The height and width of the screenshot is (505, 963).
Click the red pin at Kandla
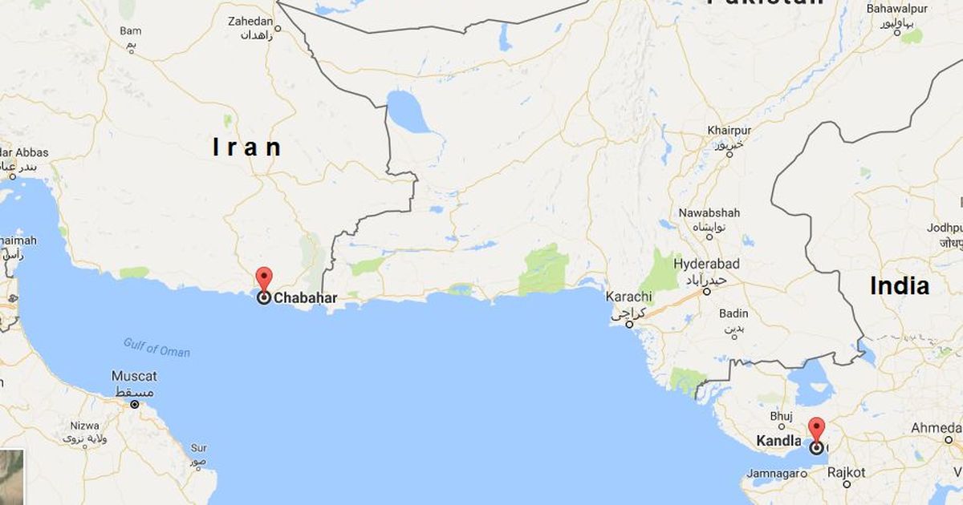[816, 429]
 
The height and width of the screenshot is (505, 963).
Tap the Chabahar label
[305, 298]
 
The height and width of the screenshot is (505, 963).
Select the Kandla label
[778, 441]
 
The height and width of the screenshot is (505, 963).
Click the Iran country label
[247, 147]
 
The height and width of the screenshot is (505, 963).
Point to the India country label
[900, 286]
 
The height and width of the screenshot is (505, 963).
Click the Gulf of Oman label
[156, 347]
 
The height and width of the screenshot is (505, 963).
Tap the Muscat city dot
[134, 404]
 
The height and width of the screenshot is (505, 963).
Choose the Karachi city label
[628, 297]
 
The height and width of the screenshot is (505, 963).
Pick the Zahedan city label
[250, 21]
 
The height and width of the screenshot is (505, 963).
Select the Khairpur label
[728, 130]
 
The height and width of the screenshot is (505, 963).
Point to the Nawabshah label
[709, 213]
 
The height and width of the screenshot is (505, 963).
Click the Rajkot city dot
[847, 484]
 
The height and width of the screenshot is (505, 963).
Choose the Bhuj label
[781, 416]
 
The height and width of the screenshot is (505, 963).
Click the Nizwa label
[83, 426]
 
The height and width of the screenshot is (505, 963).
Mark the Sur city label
[198, 448]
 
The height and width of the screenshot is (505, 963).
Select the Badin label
[733, 313]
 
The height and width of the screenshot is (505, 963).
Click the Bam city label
[130, 31]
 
